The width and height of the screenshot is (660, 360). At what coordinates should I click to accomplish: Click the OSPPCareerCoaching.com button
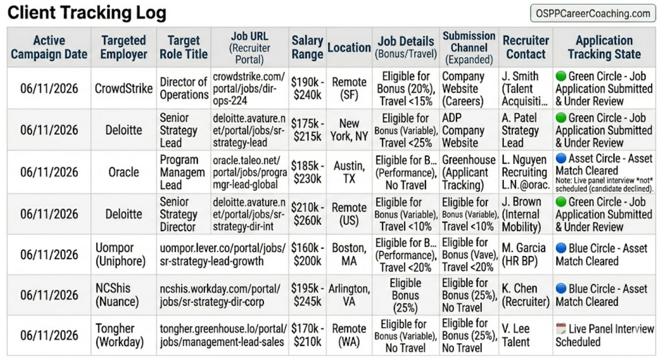[593, 13]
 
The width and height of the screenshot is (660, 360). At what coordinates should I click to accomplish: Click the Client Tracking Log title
[87, 13]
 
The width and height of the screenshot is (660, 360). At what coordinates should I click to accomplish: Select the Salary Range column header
[307, 47]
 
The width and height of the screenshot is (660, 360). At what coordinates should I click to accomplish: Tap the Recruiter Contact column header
[526, 47]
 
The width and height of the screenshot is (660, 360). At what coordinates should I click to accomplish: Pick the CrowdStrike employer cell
[124, 88]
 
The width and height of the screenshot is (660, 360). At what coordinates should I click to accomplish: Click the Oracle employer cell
[124, 172]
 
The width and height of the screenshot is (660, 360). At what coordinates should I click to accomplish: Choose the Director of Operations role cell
[184, 88]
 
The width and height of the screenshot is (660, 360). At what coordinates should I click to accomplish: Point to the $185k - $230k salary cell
[307, 172]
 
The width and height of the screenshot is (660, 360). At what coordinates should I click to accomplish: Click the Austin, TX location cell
[349, 172]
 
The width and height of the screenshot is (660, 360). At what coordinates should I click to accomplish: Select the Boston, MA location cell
[349, 254]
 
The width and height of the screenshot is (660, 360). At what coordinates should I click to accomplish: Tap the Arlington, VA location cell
[349, 295]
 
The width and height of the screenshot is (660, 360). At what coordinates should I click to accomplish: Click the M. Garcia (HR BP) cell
[526, 254]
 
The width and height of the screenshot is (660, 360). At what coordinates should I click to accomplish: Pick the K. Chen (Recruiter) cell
[526, 295]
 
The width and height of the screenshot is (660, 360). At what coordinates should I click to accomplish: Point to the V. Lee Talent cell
[526, 335]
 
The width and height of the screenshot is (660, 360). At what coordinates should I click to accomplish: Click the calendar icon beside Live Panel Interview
[560, 328]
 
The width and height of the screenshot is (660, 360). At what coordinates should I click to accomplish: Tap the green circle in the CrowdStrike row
[560, 76]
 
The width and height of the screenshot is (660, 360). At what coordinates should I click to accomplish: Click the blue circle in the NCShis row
[560, 289]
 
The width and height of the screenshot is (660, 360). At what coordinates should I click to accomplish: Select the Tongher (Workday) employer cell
[124, 335]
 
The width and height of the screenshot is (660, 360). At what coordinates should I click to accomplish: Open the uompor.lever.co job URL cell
[223, 254]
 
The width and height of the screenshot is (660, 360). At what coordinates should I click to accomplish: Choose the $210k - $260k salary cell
[307, 214]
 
